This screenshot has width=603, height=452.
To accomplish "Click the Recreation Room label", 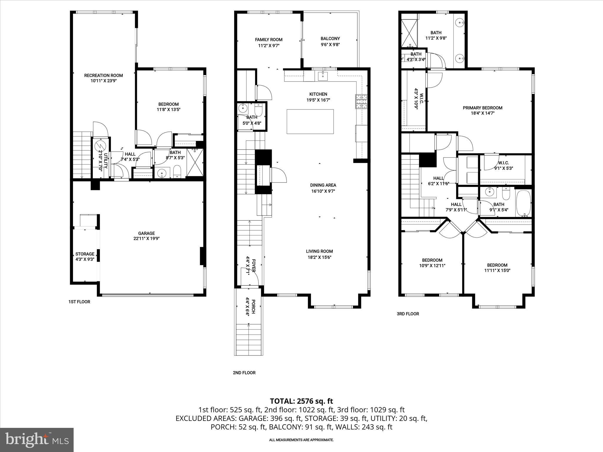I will click(x=103, y=75).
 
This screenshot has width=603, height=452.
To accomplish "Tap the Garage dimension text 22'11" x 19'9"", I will click(x=146, y=239).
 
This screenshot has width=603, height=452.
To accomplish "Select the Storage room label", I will click(x=85, y=254).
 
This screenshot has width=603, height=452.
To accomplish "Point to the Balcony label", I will click(x=330, y=39).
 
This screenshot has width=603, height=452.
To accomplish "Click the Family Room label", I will click(x=269, y=39).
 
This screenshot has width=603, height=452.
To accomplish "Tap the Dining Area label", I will click(x=323, y=185).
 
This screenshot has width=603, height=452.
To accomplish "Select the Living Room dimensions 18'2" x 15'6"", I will click(x=319, y=257).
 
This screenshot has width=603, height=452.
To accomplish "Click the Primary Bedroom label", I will click(x=482, y=108).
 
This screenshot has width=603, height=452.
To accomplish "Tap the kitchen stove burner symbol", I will click(x=361, y=101).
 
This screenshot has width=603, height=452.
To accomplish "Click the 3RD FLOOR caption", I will click(x=408, y=314).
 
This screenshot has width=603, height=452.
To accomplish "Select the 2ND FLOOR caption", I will click(x=244, y=373).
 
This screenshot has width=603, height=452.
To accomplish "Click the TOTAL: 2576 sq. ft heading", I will click(x=301, y=401).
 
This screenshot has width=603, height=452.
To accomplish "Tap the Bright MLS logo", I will click(x=37, y=440).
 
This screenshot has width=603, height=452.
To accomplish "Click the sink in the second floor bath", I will click(x=243, y=108).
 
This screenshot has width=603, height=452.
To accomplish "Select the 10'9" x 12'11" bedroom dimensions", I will click(x=432, y=265).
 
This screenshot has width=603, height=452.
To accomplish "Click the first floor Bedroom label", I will click(x=168, y=104).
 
